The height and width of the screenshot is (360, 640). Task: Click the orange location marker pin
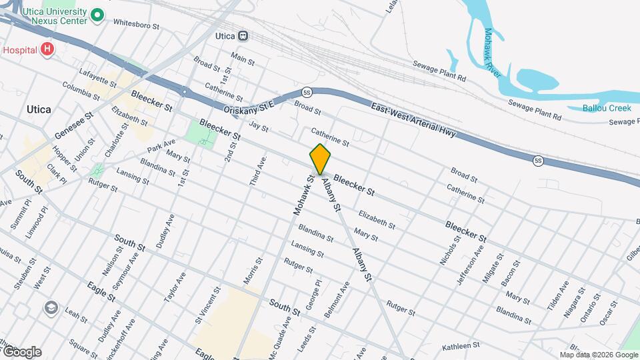320,159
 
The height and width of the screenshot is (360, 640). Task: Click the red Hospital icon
46,49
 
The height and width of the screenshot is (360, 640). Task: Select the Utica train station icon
243,36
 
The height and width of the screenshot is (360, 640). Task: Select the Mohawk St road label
304,195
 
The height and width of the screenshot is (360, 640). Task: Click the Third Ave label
258,171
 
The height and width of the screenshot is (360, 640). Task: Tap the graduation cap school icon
51,307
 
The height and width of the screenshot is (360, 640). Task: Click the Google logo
21,351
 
